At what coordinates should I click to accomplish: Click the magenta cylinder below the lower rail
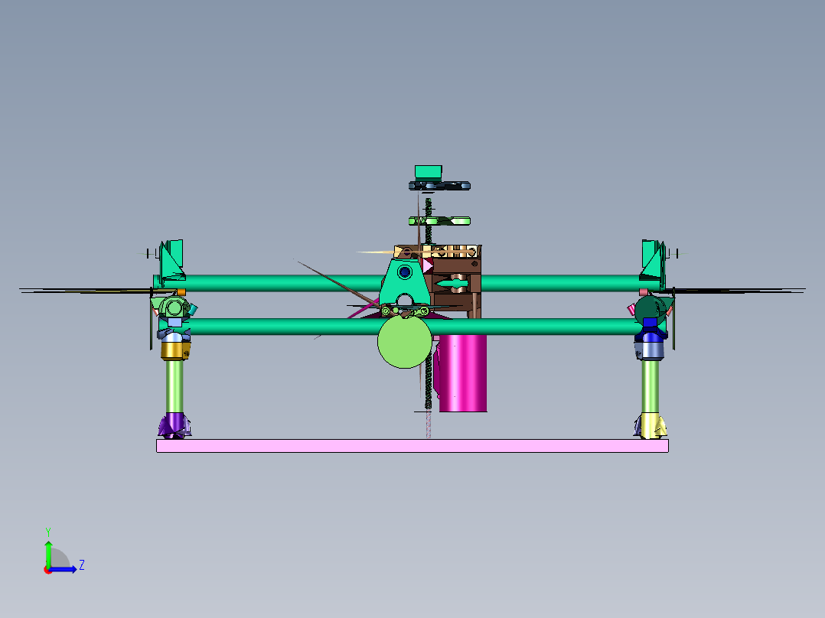point(464,375)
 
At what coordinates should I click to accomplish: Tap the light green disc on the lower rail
point(404,343)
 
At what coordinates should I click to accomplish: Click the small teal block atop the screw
point(429,172)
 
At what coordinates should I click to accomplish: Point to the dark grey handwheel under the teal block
point(439,186)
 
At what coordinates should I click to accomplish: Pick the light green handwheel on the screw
point(439,221)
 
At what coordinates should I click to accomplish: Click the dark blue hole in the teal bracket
point(404,271)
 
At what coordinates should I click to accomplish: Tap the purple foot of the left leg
point(175,424)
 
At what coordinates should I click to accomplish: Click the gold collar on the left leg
point(175,350)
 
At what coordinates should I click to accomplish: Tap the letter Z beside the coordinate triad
point(81,565)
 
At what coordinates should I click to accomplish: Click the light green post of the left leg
point(175,386)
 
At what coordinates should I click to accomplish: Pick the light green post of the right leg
point(651,386)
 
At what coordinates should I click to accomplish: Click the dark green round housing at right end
point(650,308)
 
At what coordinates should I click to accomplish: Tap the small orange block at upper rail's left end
point(181,292)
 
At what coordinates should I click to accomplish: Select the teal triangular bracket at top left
point(173,259)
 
